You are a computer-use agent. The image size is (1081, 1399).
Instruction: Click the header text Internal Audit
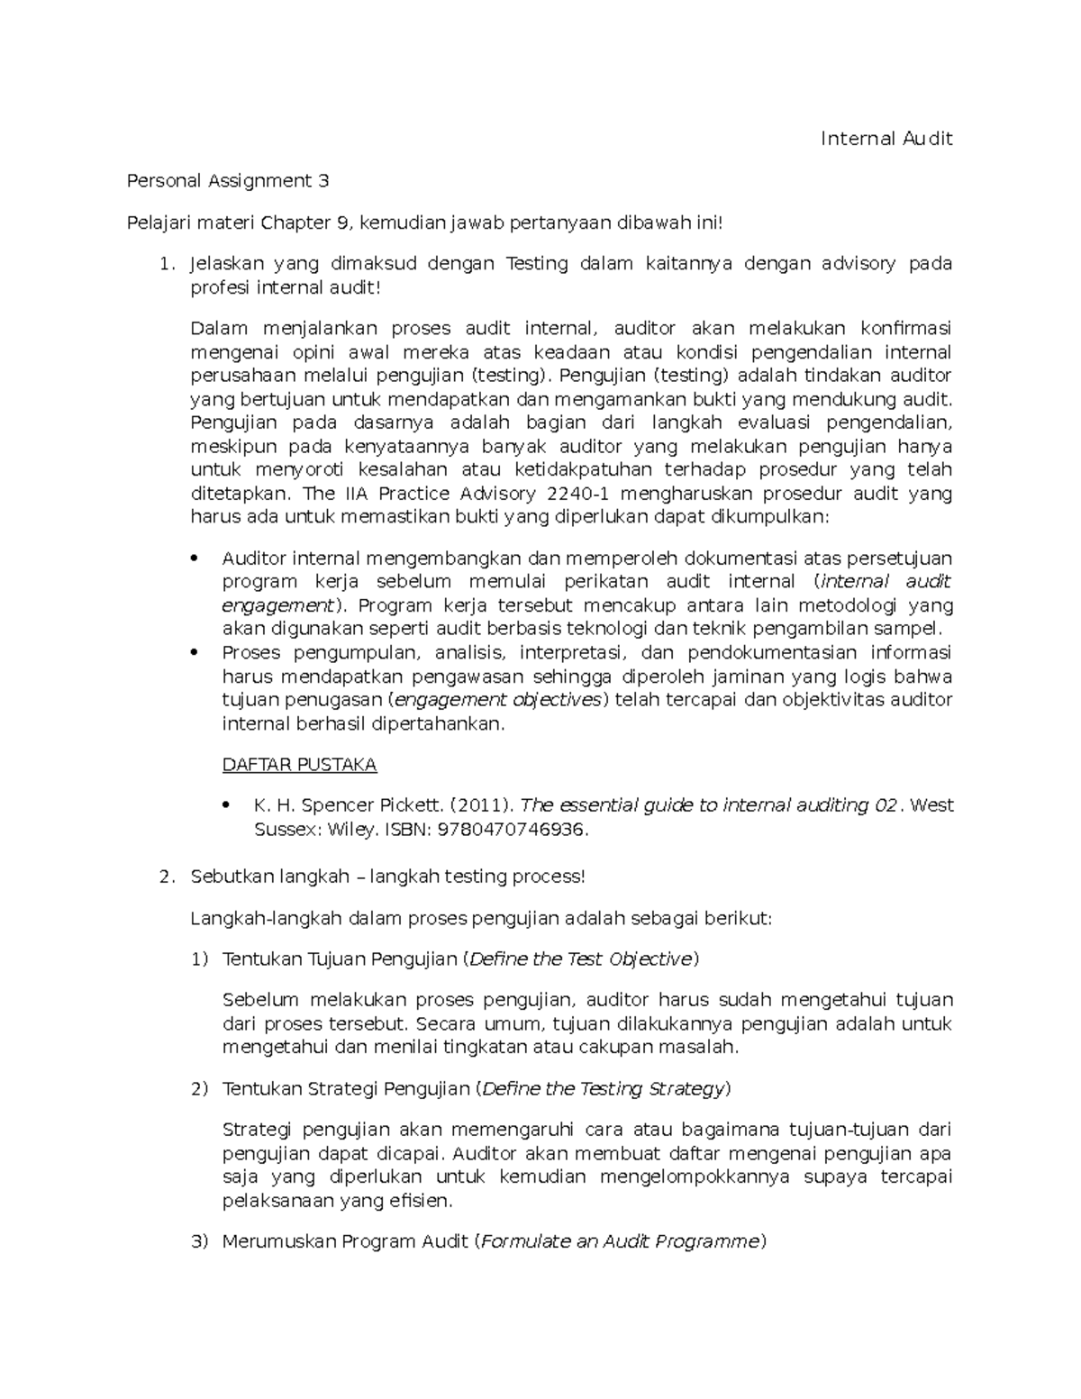point(886,139)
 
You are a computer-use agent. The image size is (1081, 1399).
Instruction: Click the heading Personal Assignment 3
point(227,181)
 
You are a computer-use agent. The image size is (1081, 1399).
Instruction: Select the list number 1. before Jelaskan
point(164,264)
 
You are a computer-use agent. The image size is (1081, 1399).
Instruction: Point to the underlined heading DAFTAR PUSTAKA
point(299,765)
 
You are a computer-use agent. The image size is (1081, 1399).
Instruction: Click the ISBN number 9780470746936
point(512,830)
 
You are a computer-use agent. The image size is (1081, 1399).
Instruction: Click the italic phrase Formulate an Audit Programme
point(619,1241)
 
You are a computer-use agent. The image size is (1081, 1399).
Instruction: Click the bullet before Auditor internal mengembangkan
point(195,559)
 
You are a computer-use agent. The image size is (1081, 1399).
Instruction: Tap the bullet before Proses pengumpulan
point(195,652)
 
